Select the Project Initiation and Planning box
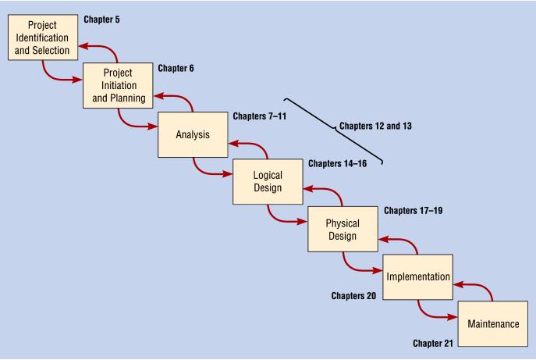118,86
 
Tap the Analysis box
193,134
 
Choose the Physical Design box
342,230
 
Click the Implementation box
417,276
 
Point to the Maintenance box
492,323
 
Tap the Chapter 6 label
175,68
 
